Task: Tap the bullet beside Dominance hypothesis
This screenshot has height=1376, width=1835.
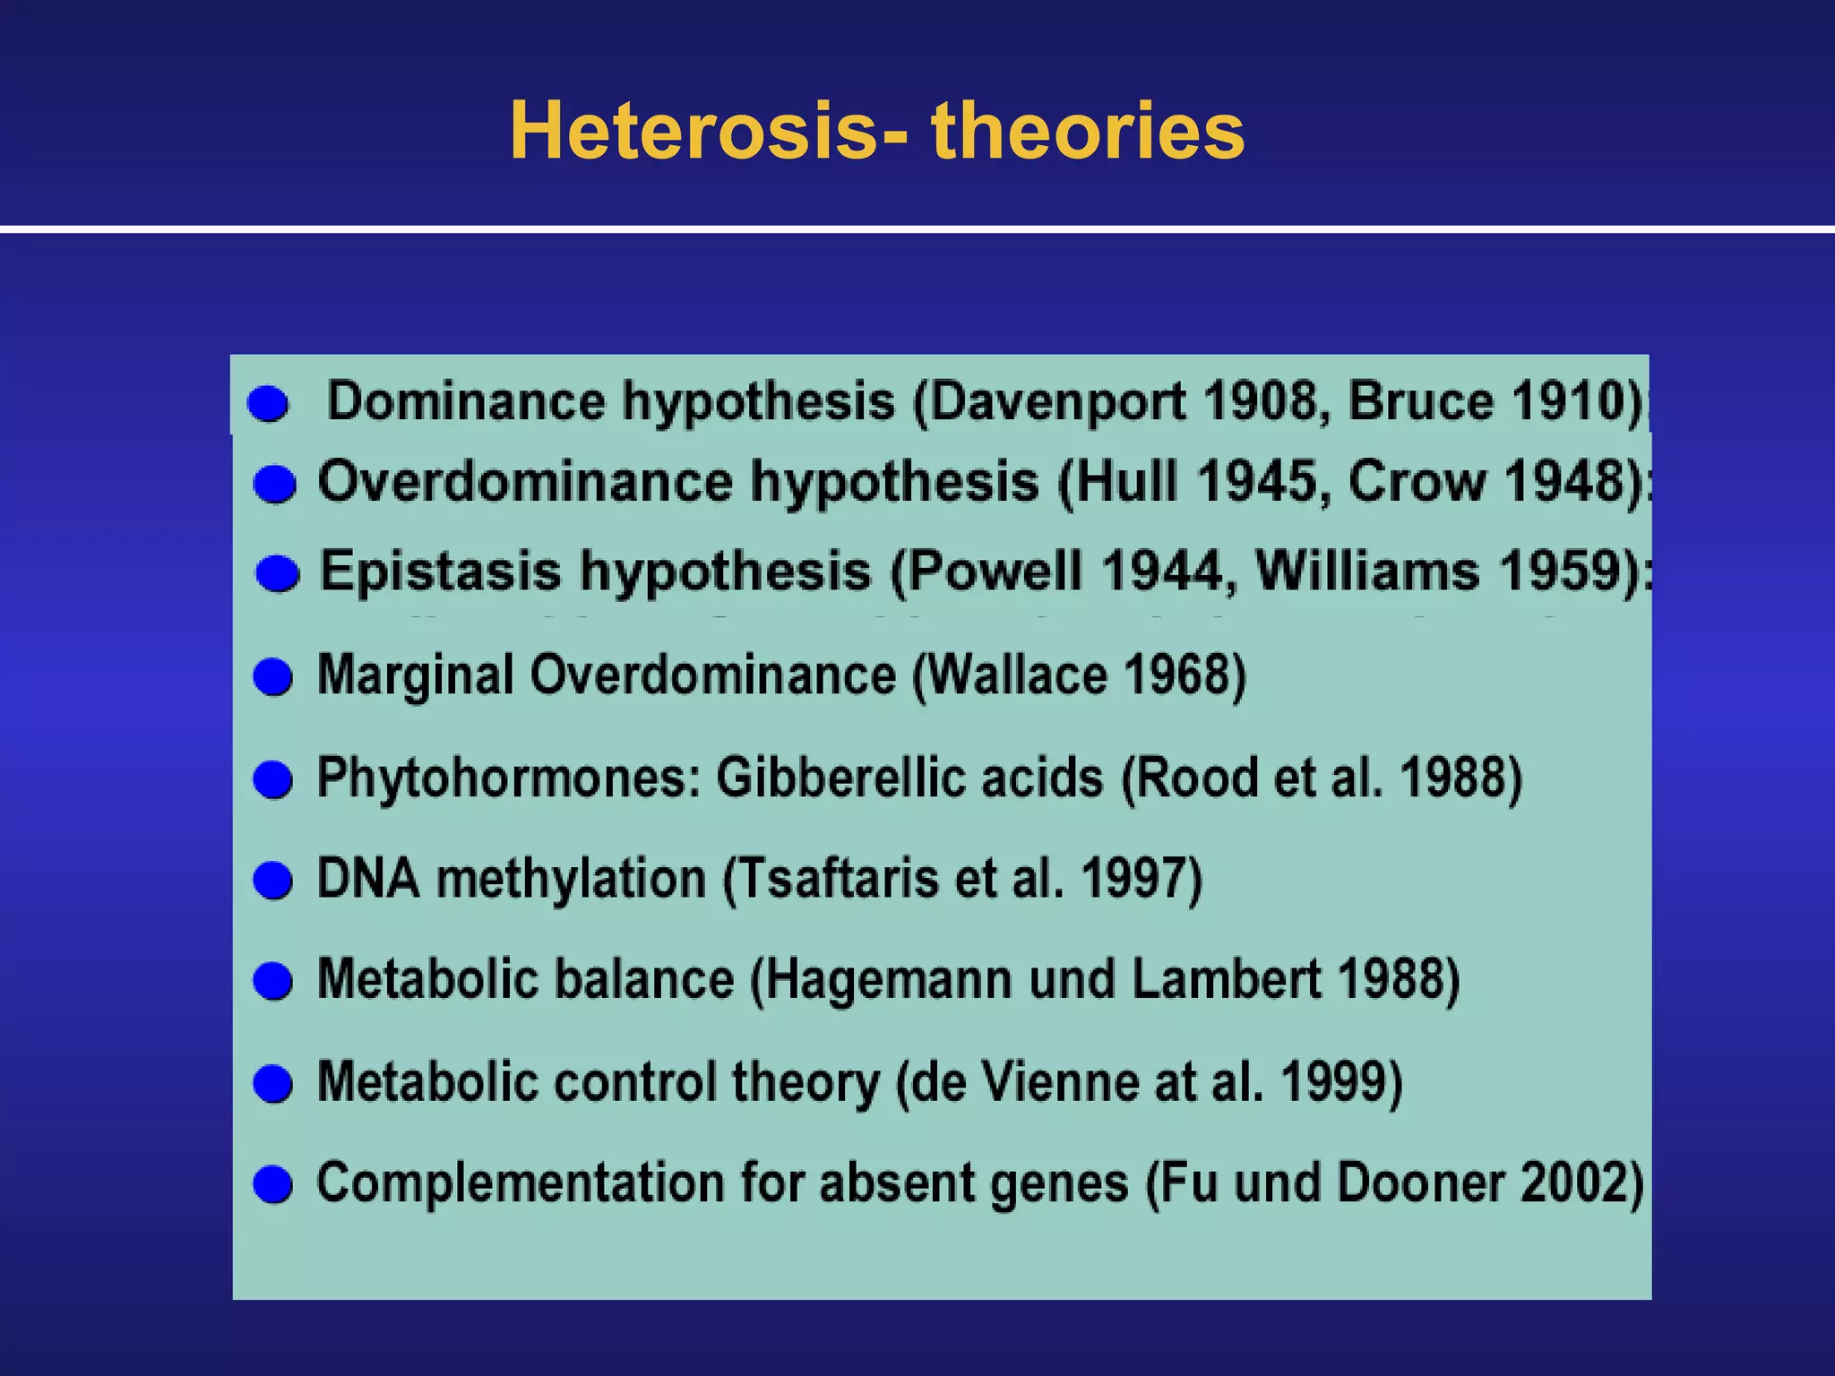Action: click(268, 404)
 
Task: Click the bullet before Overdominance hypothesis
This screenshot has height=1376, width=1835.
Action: click(274, 485)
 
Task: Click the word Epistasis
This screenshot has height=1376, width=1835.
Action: click(440, 571)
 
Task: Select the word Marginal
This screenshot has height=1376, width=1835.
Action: click(416, 675)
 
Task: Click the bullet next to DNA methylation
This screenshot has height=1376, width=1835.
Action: click(272, 880)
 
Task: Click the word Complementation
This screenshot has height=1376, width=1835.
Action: click(520, 1182)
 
